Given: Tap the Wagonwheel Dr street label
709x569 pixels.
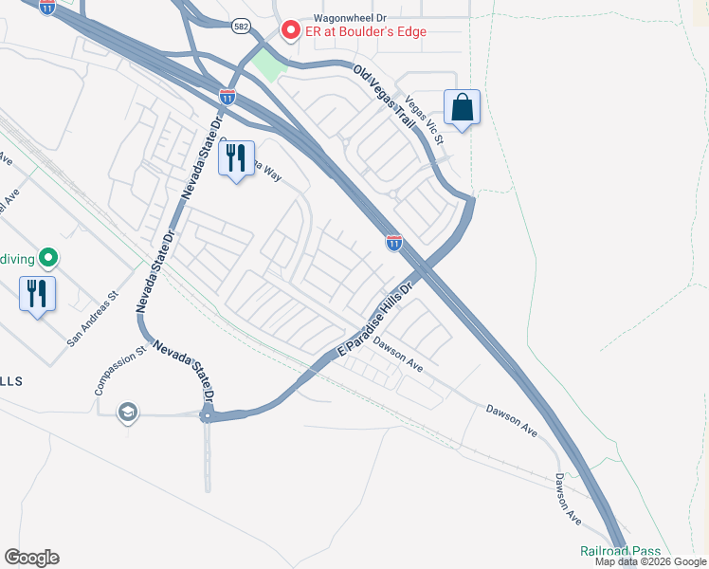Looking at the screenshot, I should [332, 16].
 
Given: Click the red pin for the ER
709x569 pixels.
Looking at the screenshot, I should [290, 30].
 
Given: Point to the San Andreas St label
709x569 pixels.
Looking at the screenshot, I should [92, 316].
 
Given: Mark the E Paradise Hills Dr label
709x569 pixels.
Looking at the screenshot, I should [377, 321].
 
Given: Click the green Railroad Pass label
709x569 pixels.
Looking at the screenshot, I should [620, 551].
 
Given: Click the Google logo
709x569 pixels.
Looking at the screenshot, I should [31, 558].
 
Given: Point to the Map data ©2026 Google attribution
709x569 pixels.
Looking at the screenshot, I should [651, 562].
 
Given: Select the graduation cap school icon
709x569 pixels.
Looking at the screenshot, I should [127, 412].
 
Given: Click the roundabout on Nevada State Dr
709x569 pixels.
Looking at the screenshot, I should [207, 415].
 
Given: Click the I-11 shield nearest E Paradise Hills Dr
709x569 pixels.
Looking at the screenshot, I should [393, 243].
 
